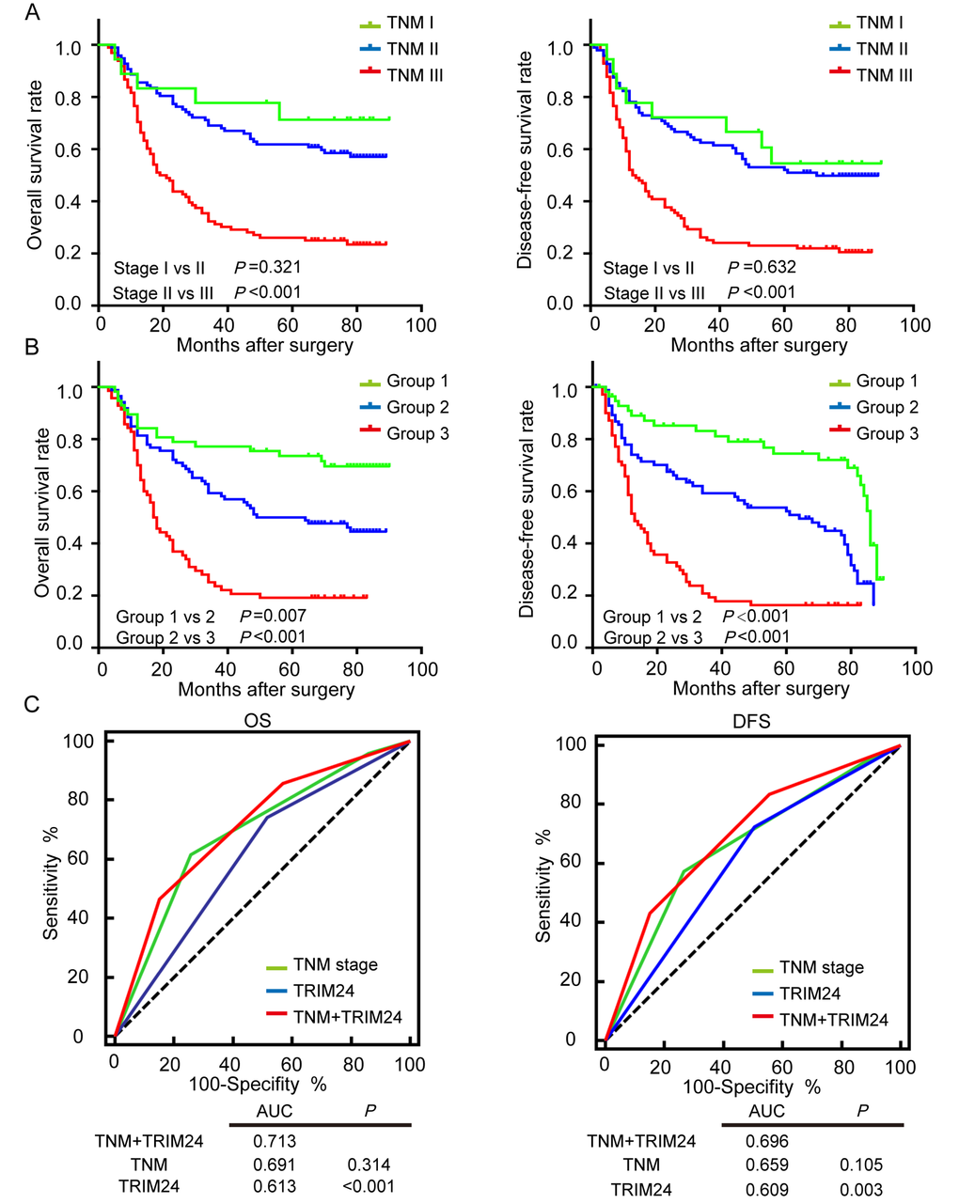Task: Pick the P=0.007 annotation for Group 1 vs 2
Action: [273, 617]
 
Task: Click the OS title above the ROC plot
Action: [259, 720]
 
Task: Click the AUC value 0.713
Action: [274, 1141]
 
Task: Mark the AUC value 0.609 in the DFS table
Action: [767, 1189]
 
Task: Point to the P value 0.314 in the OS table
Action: [369, 1165]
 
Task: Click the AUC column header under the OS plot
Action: [275, 1111]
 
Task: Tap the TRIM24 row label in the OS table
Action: [150, 1186]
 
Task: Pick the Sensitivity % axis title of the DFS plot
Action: [543, 885]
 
